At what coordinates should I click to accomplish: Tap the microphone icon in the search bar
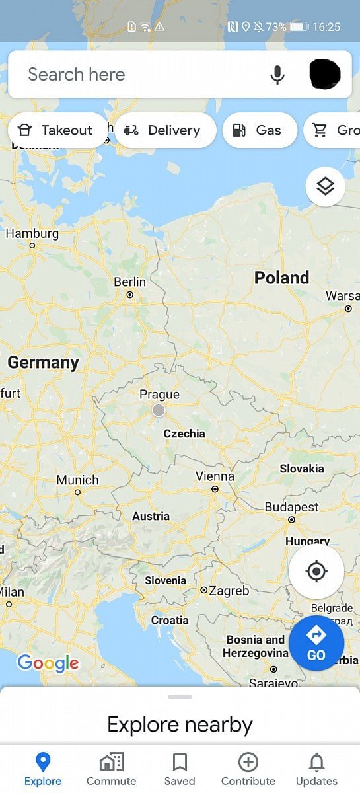(277, 75)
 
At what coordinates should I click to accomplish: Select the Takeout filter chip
(57, 130)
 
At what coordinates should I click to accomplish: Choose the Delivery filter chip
(165, 130)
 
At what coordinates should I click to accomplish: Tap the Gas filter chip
(260, 130)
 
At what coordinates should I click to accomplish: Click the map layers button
(325, 187)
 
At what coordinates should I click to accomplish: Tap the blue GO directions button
(316, 644)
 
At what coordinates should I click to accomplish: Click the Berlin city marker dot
(130, 295)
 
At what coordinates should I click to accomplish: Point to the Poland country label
(281, 278)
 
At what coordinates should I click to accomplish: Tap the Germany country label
(43, 362)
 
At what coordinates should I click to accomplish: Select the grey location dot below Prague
(159, 410)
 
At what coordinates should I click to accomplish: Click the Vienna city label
(215, 476)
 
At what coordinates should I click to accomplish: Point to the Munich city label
(77, 480)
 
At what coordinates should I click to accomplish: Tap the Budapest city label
(291, 507)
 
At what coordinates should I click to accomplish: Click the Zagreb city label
(229, 591)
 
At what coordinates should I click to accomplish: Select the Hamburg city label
(32, 233)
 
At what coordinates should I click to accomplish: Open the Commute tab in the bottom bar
(111, 770)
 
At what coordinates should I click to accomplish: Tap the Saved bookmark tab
(180, 770)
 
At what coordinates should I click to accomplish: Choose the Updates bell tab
(316, 770)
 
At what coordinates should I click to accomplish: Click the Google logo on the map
(48, 663)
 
